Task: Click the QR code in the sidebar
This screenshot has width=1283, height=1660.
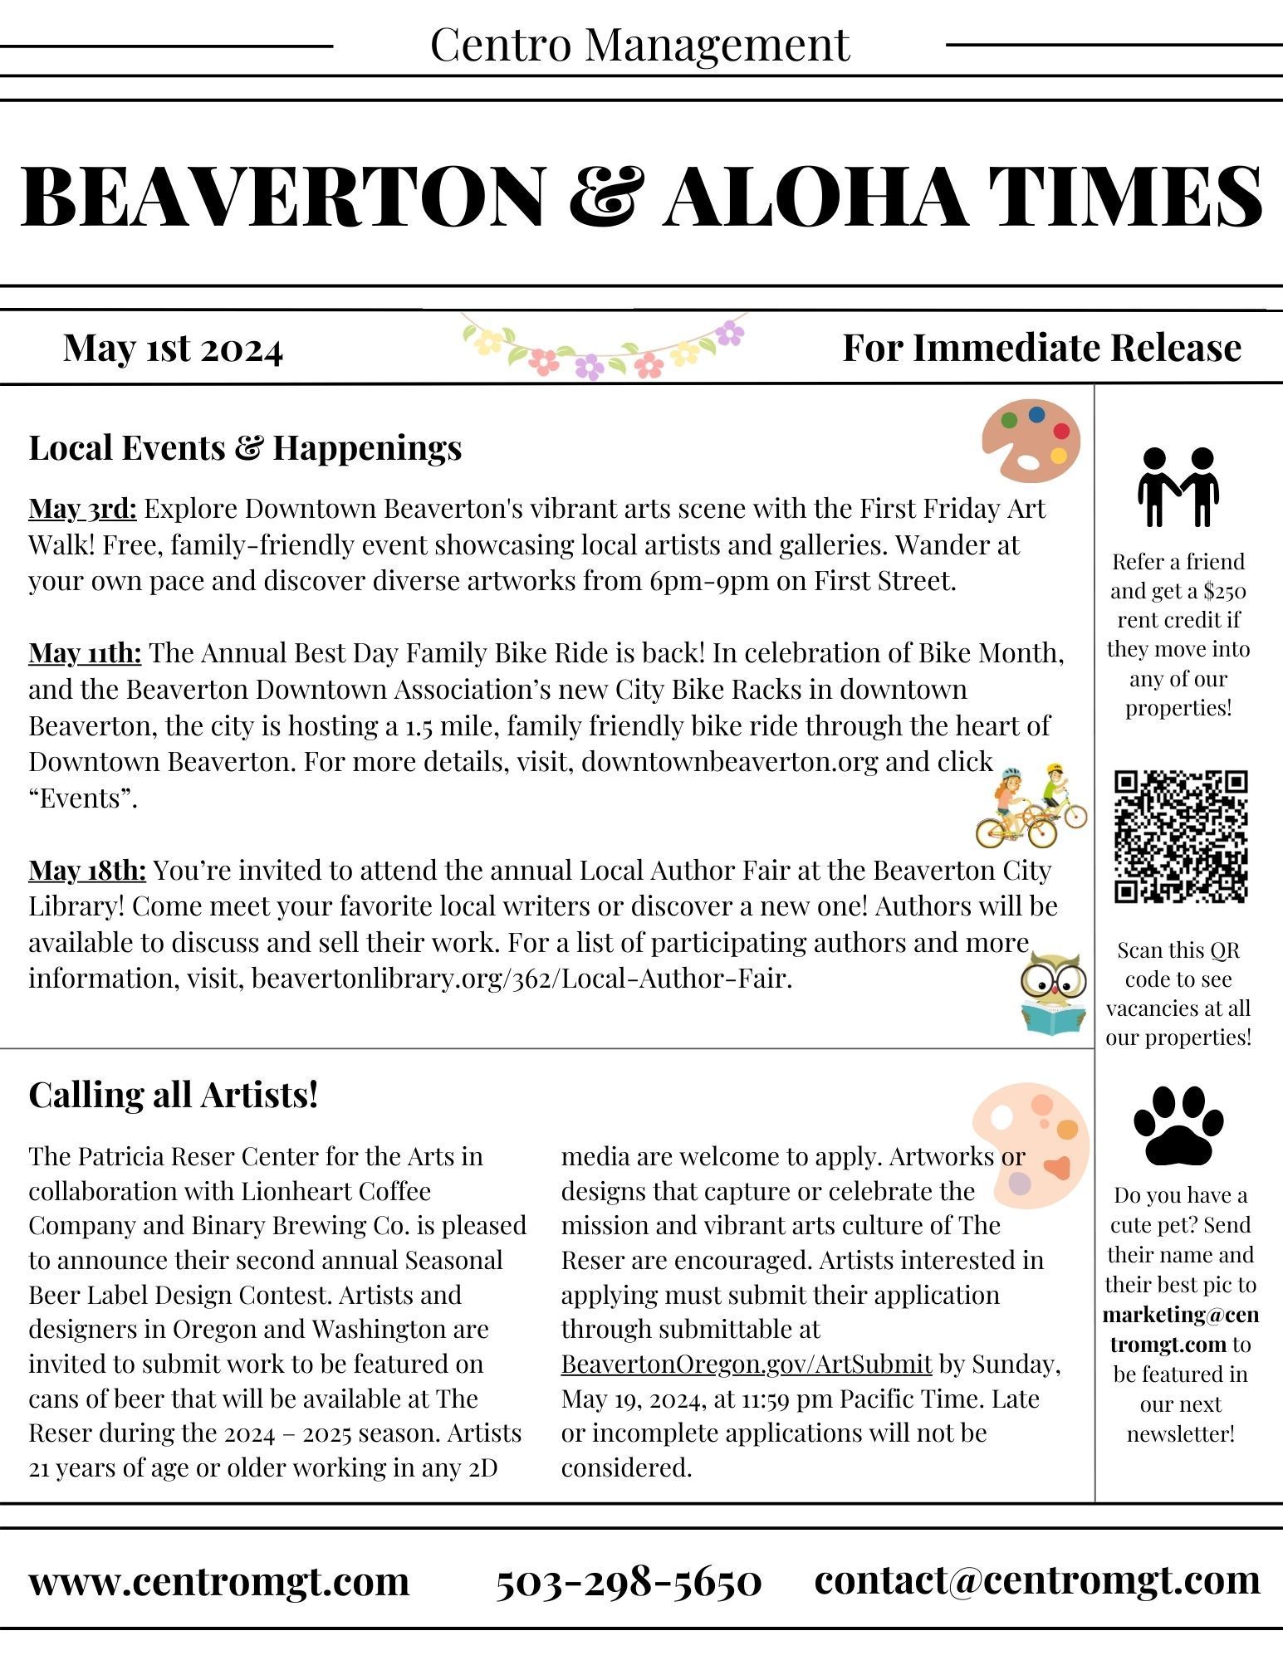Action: click(x=1180, y=836)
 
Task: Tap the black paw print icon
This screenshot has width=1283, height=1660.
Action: click(x=1178, y=1125)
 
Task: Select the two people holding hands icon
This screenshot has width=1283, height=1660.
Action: click(x=1178, y=487)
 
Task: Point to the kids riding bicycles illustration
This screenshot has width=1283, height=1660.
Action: click(x=1031, y=806)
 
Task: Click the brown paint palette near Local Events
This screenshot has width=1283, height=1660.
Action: click(x=1031, y=440)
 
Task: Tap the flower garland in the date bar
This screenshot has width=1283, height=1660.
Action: click(x=605, y=348)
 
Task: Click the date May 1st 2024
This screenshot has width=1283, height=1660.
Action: click(x=173, y=348)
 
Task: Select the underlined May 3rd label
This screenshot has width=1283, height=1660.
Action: click(x=82, y=508)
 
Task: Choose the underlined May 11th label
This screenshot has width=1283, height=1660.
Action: click(x=85, y=653)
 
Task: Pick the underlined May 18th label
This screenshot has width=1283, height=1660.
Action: click(x=87, y=870)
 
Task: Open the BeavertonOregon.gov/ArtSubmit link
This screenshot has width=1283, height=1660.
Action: click(x=746, y=1364)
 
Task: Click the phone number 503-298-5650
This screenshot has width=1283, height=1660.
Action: click(x=629, y=1581)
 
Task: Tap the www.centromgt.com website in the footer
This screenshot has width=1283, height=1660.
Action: click(x=219, y=1581)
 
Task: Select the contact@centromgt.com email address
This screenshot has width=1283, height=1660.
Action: click(x=1037, y=1579)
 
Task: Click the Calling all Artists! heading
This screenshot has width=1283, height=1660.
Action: click(x=174, y=1095)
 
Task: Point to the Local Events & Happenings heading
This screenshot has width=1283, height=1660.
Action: click(x=245, y=447)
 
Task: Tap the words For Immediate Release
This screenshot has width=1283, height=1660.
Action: click(x=1041, y=348)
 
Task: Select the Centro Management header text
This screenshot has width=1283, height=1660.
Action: click(x=640, y=45)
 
